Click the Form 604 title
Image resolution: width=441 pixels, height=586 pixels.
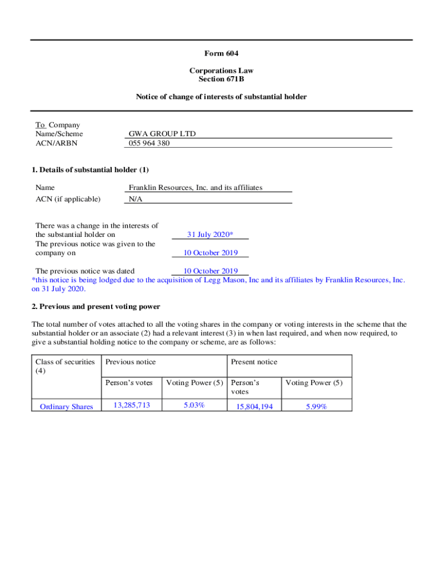click(x=221, y=53)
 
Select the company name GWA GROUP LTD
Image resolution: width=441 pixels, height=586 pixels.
click(x=162, y=134)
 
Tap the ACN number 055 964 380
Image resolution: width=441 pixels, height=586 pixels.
click(x=149, y=143)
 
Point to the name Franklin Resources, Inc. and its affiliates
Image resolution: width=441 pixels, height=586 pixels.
click(x=195, y=187)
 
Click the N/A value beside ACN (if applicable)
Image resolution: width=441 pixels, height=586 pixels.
click(x=135, y=199)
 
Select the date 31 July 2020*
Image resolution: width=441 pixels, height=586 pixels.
click(x=210, y=235)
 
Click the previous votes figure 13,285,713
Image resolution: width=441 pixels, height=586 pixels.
click(x=132, y=405)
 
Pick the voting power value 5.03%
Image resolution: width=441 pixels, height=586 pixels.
click(x=194, y=405)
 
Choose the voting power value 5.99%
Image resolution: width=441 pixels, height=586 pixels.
click(x=316, y=407)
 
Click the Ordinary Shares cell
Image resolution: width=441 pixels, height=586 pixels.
click(x=66, y=407)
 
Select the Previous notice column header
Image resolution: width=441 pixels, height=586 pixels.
click(x=131, y=362)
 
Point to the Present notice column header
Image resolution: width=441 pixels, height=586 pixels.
click(x=254, y=362)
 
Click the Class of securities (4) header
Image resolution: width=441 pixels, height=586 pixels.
click(x=65, y=366)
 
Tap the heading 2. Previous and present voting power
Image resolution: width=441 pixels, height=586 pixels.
click(x=96, y=307)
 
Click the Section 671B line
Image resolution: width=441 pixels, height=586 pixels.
click(x=221, y=79)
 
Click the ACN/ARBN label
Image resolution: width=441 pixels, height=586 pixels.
click(x=56, y=143)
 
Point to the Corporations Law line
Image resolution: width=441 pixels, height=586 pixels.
click(x=221, y=70)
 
